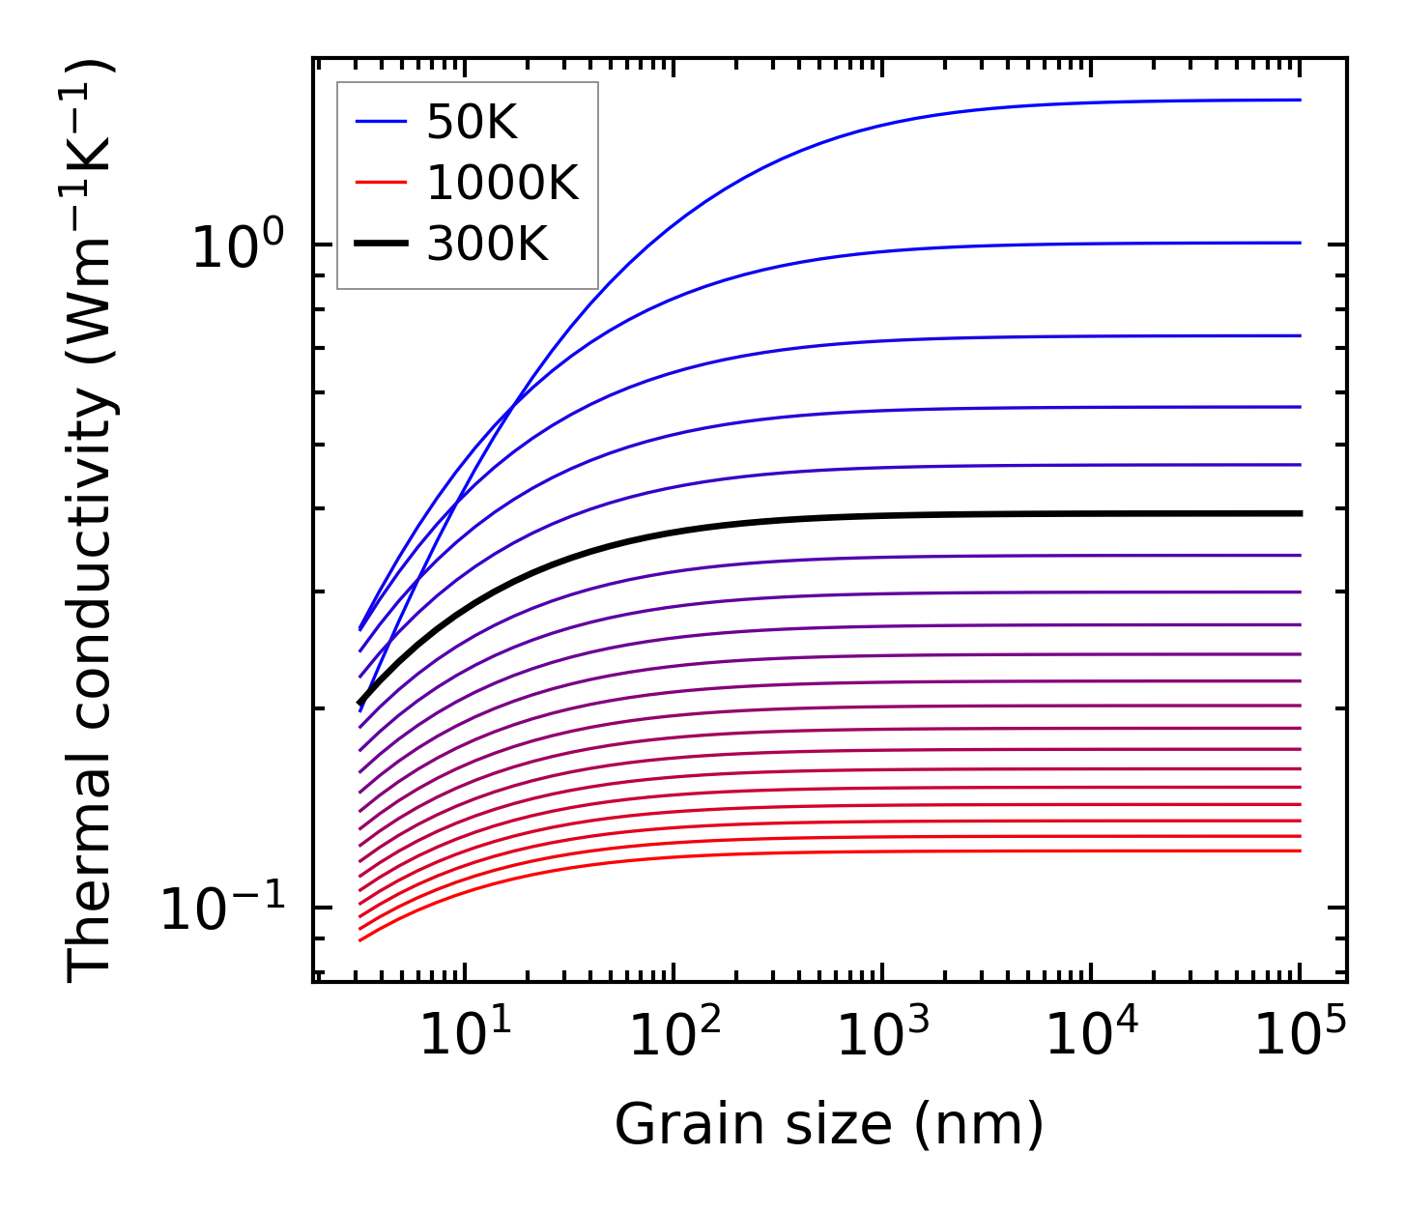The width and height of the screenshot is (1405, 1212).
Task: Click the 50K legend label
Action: pos(473,122)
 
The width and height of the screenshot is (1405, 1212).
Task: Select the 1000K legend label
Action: pos(502,183)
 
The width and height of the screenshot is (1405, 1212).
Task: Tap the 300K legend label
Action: pos(487,245)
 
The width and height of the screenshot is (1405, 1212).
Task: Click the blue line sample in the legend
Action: pos(381,122)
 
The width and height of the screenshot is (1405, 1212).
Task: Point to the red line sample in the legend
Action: pos(381,183)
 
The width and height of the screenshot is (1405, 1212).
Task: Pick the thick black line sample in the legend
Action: pos(381,245)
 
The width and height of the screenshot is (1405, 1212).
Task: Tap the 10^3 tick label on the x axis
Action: pos(882,1036)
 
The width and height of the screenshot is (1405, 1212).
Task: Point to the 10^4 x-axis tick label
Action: pos(1092,1036)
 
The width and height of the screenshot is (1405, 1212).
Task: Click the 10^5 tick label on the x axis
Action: pos(1301,1036)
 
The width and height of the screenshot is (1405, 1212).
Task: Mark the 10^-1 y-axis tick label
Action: pos(223,909)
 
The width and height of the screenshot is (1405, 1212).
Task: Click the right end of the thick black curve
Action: pos(1301,513)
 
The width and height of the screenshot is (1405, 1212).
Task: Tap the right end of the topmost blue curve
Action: pos(1301,100)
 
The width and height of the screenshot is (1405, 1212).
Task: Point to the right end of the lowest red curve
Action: pos(1301,851)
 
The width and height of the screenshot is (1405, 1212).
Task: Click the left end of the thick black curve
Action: pos(359,704)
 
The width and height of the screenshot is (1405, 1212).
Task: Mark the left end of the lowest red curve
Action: pos(359,939)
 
